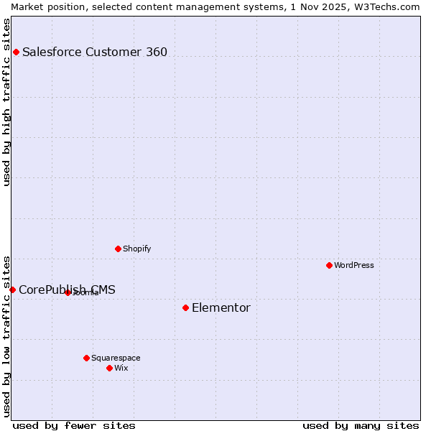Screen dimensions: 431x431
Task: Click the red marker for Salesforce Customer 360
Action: click(x=16, y=52)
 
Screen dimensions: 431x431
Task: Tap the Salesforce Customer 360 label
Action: click(x=94, y=52)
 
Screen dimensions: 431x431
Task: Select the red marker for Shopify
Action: click(x=118, y=249)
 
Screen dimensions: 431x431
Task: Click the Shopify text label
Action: click(x=136, y=249)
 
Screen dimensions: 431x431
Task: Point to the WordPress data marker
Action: click(x=329, y=265)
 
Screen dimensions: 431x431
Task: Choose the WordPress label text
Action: click(x=353, y=265)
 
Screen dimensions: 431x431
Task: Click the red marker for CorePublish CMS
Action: click(x=12, y=289)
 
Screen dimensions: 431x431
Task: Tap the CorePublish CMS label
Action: click(x=67, y=290)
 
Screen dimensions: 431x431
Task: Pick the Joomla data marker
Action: click(x=68, y=292)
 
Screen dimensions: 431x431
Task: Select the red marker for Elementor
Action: click(x=185, y=307)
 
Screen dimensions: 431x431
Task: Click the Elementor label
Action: click(x=221, y=308)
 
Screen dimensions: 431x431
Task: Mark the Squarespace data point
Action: click(x=86, y=358)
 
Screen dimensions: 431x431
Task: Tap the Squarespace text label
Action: click(x=116, y=358)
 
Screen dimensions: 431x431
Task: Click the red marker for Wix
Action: click(x=109, y=368)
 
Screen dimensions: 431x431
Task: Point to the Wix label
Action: click(x=121, y=368)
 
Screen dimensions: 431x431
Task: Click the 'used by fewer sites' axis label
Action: click(x=74, y=425)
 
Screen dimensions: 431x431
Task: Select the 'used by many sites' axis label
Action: click(x=361, y=425)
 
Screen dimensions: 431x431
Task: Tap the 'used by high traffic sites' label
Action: click(x=6, y=102)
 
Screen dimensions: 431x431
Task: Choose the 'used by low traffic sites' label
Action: click(x=6, y=335)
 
